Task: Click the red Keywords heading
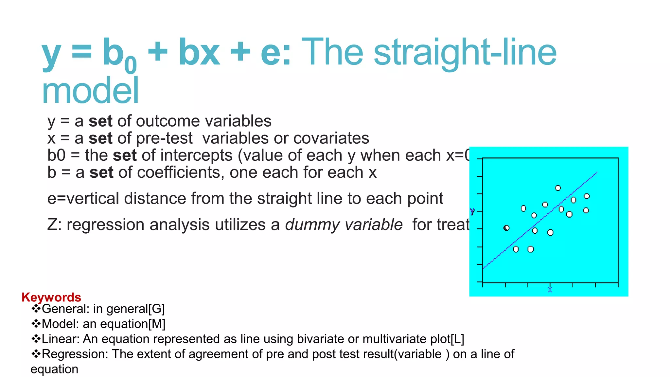(51, 297)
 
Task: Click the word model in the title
(90, 91)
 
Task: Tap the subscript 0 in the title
(131, 65)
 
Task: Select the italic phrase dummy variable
(344, 225)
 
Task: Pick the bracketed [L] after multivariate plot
(457, 339)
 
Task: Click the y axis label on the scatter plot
(472, 211)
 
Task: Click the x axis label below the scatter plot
(550, 290)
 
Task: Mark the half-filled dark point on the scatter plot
(506, 228)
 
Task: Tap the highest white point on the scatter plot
(558, 188)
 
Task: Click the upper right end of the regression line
(596, 173)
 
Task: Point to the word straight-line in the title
(465, 52)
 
